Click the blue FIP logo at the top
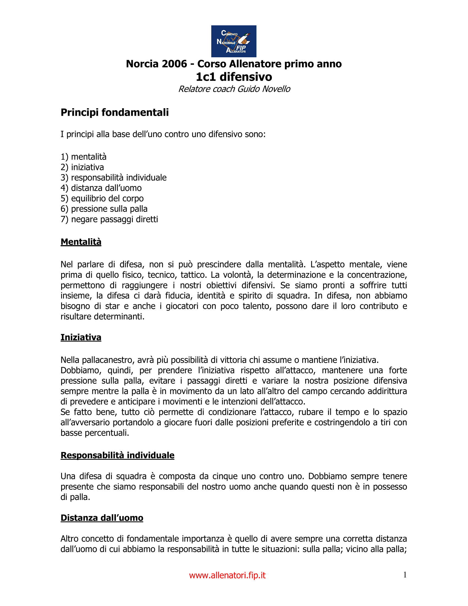234,41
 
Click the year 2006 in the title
174,64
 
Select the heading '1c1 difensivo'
234,77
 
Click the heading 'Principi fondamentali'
115,113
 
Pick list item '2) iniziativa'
82,167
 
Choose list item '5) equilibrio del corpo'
102,199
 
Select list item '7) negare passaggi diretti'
109,220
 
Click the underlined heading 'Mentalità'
81,242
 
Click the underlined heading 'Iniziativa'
81,337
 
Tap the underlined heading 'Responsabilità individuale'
117,455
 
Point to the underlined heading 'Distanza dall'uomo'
102,518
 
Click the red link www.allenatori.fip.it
227,575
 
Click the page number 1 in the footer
405,575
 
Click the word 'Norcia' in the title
143,64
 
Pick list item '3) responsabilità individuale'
114,178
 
